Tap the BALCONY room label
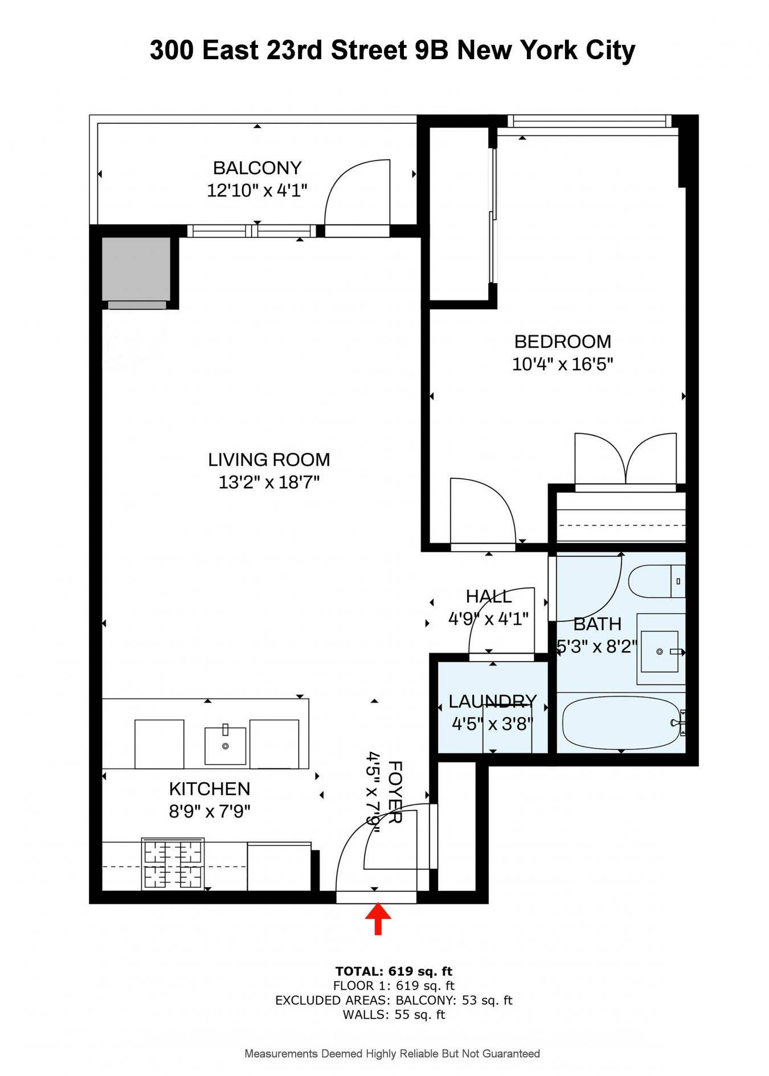click(257, 168)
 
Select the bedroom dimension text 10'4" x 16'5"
click(562, 364)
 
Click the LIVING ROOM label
click(269, 459)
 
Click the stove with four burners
click(173, 864)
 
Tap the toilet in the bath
click(655, 581)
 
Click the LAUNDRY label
click(492, 701)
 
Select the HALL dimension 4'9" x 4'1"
click(488, 619)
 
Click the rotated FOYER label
click(395, 792)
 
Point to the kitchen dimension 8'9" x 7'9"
click(210, 811)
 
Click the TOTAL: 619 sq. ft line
click(394, 972)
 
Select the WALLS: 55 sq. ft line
click(394, 1015)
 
